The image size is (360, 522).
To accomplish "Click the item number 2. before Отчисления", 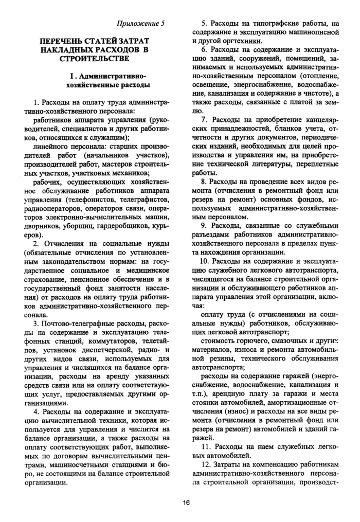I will tap(37, 243).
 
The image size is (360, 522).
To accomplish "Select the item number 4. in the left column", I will tap(37, 411).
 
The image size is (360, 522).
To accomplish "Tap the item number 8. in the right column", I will tap(204, 182).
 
